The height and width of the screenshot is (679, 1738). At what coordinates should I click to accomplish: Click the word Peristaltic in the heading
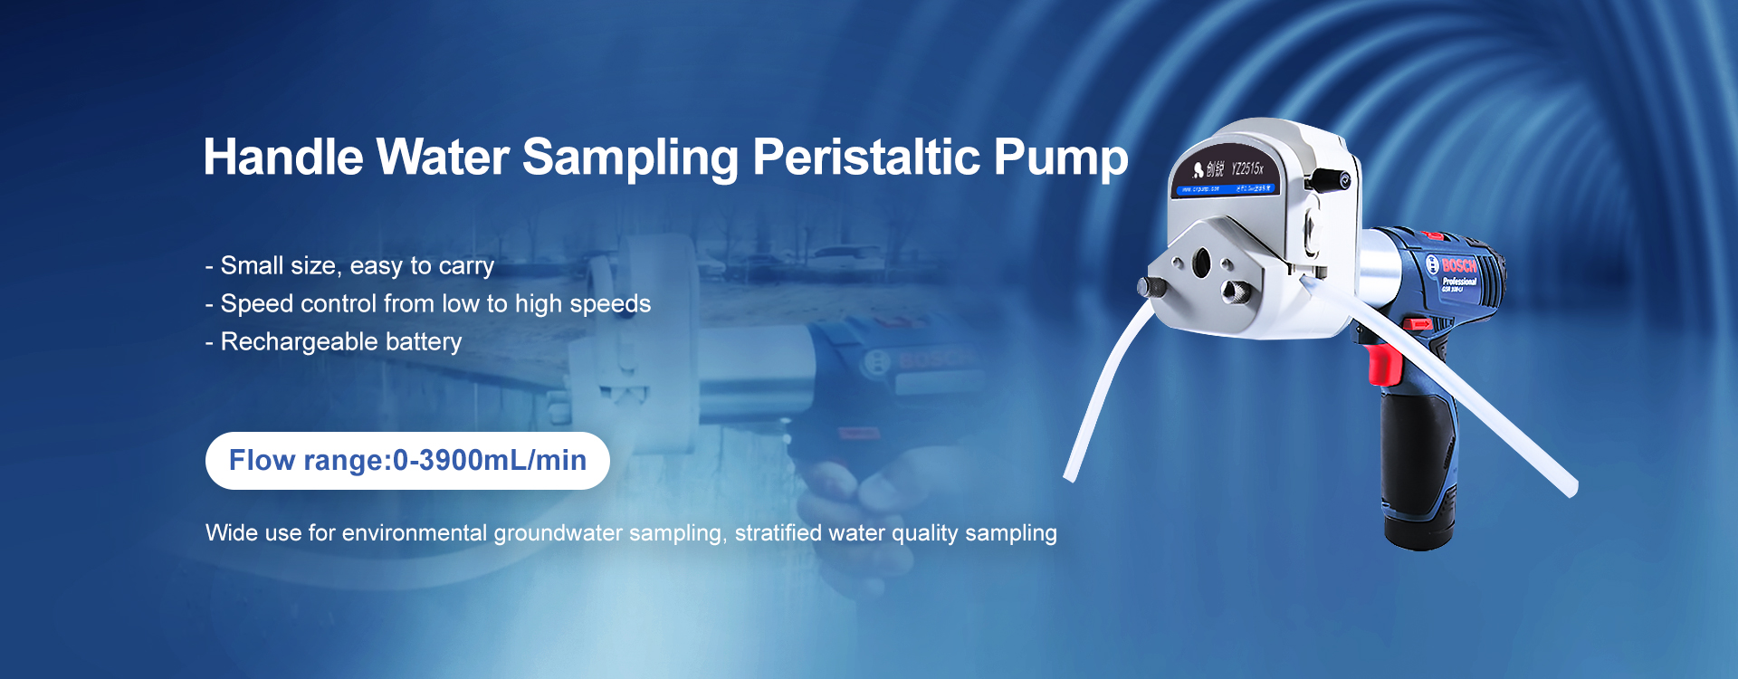coord(865,158)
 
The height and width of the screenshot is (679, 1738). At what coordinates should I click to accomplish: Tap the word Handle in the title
coord(282,158)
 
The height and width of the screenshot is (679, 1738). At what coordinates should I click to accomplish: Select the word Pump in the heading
coord(1060,158)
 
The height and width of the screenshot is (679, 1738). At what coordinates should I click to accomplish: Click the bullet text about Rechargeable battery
coord(340,341)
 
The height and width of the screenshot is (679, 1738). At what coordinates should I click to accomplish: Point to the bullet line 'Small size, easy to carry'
coord(357,265)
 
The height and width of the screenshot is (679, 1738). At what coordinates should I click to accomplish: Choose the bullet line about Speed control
coord(434,303)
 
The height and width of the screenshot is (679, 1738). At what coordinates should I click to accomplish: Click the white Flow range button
coord(407,461)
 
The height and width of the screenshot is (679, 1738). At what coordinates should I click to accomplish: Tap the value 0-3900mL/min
coord(489,461)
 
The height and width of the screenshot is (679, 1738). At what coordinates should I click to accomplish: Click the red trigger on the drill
coord(1383,365)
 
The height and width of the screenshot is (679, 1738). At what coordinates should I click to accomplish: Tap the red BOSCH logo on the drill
coord(1458,266)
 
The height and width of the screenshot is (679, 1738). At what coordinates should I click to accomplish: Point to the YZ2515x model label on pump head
coord(1246,168)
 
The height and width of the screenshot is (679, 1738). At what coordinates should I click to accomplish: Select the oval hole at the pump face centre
coord(1201,263)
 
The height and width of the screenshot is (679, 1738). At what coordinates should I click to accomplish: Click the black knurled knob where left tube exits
coord(1151,288)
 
